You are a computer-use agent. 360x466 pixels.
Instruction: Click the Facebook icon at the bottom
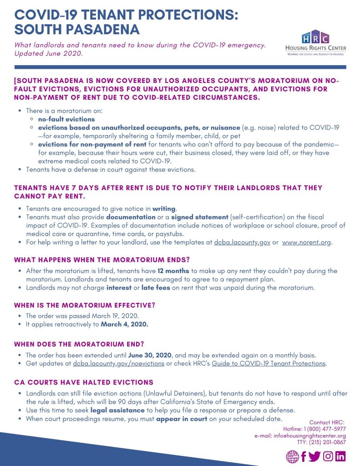(x=304, y=456)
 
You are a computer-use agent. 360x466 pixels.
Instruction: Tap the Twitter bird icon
(x=314, y=456)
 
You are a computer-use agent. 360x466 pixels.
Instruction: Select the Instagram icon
(x=328, y=456)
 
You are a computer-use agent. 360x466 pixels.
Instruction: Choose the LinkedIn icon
(x=340, y=456)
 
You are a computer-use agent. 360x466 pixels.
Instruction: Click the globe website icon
(x=292, y=456)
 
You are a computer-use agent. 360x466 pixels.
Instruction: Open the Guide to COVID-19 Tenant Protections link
(x=269, y=364)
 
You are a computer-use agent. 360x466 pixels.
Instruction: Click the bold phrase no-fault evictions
(x=66, y=119)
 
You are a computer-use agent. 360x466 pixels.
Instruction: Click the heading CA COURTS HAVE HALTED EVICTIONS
(x=84, y=382)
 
